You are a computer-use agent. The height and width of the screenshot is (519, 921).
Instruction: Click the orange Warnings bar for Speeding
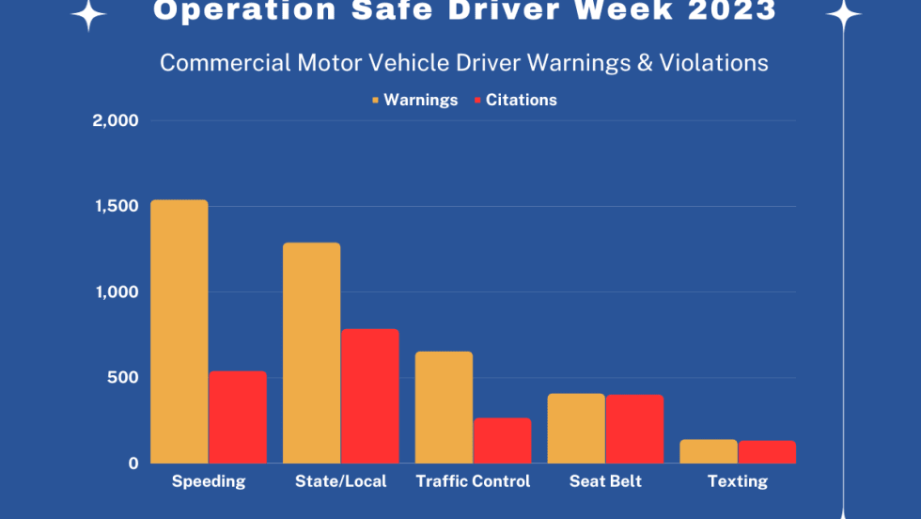[179, 331]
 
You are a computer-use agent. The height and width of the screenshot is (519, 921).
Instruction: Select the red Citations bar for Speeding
[238, 417]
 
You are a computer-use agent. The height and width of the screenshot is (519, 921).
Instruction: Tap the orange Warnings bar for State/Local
[311, 353]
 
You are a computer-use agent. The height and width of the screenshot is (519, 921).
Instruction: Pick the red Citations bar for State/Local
[370, 396]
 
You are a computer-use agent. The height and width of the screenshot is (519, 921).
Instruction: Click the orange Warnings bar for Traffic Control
[444, 407]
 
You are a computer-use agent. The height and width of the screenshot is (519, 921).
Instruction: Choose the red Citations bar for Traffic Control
[502, 440]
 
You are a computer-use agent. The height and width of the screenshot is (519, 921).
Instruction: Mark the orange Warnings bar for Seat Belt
[576, 428]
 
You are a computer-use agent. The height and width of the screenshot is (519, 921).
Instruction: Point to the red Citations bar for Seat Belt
[634, 429]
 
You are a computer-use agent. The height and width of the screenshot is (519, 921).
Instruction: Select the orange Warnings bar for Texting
[709, 451]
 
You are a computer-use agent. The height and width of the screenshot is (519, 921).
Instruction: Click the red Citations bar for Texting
[767, 452]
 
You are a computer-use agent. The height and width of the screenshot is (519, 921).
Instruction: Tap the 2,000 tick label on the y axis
[116, 120]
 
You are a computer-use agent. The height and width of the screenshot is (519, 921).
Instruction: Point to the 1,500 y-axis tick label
[116, 206]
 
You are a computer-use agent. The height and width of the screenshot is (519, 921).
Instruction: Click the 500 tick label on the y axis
[123, 378]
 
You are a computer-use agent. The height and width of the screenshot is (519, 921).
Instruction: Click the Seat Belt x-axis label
[605, 481]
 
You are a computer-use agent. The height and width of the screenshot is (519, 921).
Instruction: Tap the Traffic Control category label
[473, 481]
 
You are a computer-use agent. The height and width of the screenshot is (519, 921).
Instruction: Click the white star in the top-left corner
[89, 13]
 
